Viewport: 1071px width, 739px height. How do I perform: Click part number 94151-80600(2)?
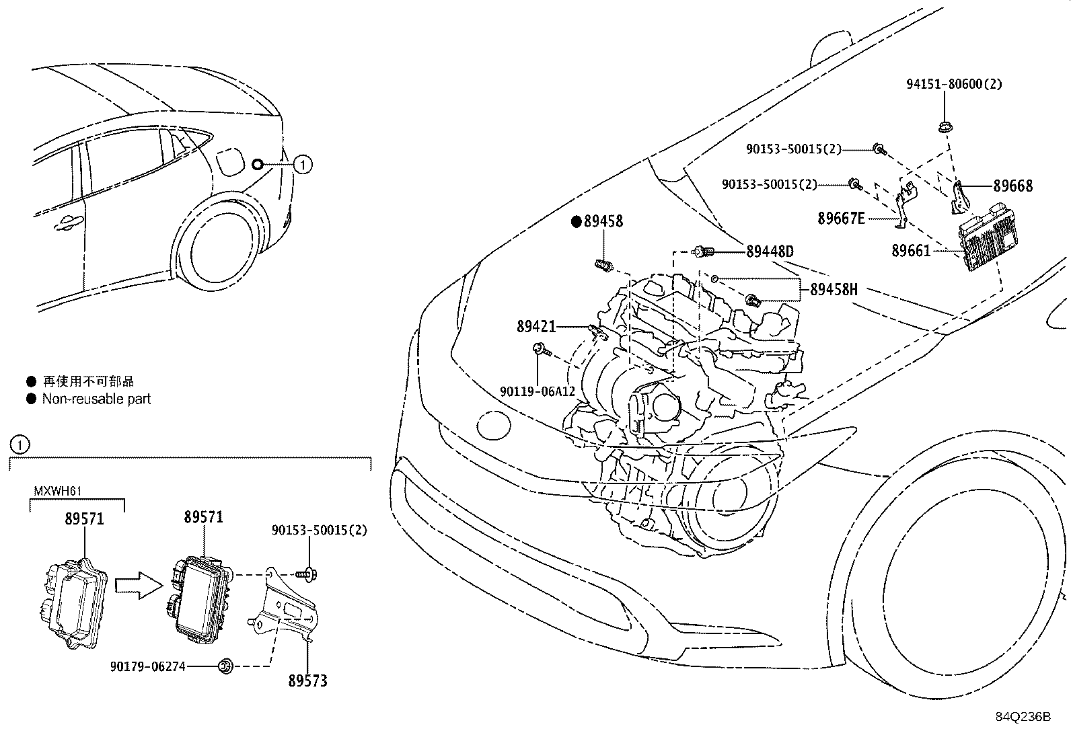point(953,85)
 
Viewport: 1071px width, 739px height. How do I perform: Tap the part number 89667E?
point(841,218)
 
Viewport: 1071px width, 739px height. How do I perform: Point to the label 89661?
point(911,251)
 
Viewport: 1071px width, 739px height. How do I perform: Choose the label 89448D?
point(770,251)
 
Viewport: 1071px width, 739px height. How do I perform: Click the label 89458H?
point(834,290)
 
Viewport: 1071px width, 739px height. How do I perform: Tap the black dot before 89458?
point(577,221)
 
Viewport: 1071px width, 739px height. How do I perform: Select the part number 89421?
point(536,327)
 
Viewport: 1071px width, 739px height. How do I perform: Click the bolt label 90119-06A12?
point(538,391)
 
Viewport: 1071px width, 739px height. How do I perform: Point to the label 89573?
point(307,680)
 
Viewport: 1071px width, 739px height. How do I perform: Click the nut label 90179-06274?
point(147,666)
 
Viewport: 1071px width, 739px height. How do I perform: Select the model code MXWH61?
point(57,491)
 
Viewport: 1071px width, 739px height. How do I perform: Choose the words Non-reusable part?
point(96,399)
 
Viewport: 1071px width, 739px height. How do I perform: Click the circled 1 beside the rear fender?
point(303,164)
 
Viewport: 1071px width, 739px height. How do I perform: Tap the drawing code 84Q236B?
point(1023,716)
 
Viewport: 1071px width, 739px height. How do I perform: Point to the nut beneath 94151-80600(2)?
point(944,125)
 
